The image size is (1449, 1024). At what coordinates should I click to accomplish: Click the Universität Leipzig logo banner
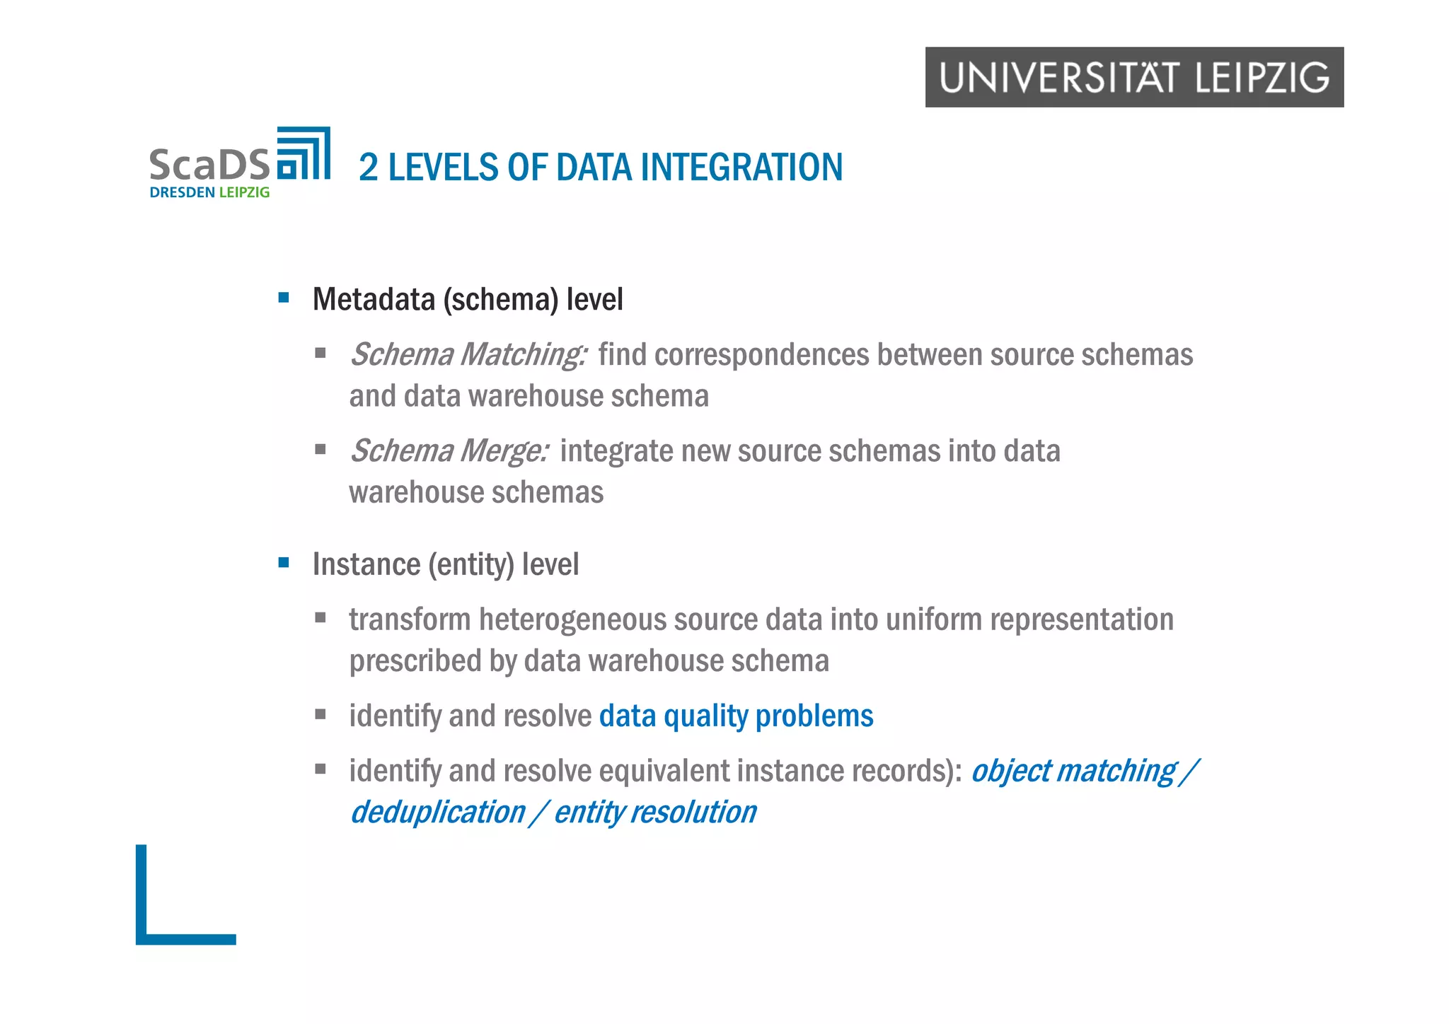[x=1133, y=77]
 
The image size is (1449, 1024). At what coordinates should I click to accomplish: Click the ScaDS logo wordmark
[x=209, y=164]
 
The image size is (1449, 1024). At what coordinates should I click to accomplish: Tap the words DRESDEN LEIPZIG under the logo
[x=209, y=192]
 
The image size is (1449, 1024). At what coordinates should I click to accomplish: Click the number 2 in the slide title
[x=368, y=168]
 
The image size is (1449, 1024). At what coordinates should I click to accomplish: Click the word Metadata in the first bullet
[x=374, y=300]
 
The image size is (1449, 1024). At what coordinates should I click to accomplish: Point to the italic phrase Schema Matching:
[x=468, y=355]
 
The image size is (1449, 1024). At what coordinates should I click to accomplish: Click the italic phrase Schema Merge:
[x=449, y=451]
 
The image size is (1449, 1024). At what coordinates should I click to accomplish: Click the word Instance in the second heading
[x=366, y=565]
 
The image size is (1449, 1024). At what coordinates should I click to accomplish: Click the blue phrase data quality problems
[x=736, y=716]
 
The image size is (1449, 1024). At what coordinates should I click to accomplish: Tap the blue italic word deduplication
[x=438, y=813]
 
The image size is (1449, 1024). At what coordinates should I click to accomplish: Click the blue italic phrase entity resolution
[x=655, y=813]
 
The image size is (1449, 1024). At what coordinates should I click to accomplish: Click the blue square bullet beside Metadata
[x=284, y=298]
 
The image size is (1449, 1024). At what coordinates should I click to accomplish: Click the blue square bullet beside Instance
[x=284, y=563]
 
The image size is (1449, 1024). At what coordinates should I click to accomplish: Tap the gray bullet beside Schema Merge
[x=321, y=449]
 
